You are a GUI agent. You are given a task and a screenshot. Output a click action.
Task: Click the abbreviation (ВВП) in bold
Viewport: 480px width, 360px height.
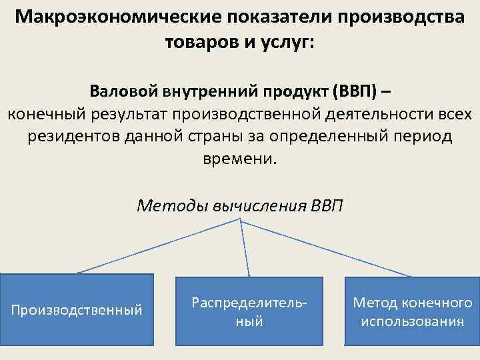point(357,89)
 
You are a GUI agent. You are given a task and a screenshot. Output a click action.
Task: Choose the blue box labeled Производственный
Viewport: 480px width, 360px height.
point(77,309)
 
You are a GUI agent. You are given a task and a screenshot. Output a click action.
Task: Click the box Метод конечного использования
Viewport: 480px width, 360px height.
point(412,311)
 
